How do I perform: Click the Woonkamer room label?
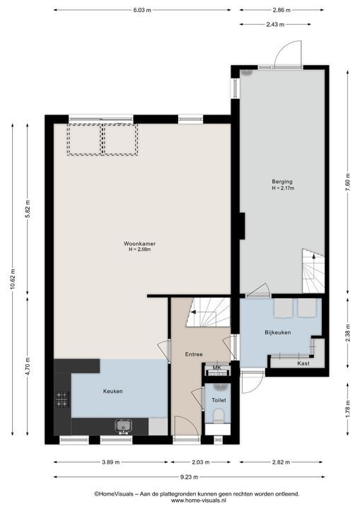140,243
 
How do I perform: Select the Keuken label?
112,392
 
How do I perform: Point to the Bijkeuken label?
277,332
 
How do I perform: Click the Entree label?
194,354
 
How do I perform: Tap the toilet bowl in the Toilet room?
219,416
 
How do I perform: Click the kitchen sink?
124,426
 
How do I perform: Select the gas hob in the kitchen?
62,399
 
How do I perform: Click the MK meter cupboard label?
216,368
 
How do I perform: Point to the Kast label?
303,363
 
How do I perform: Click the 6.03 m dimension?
142,10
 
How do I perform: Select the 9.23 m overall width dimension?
189,477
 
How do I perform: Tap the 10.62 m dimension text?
13,279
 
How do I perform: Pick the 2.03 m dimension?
200,462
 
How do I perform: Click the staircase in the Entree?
208,312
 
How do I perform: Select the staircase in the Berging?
313,271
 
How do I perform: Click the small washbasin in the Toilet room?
220,387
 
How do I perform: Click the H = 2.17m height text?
284,188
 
